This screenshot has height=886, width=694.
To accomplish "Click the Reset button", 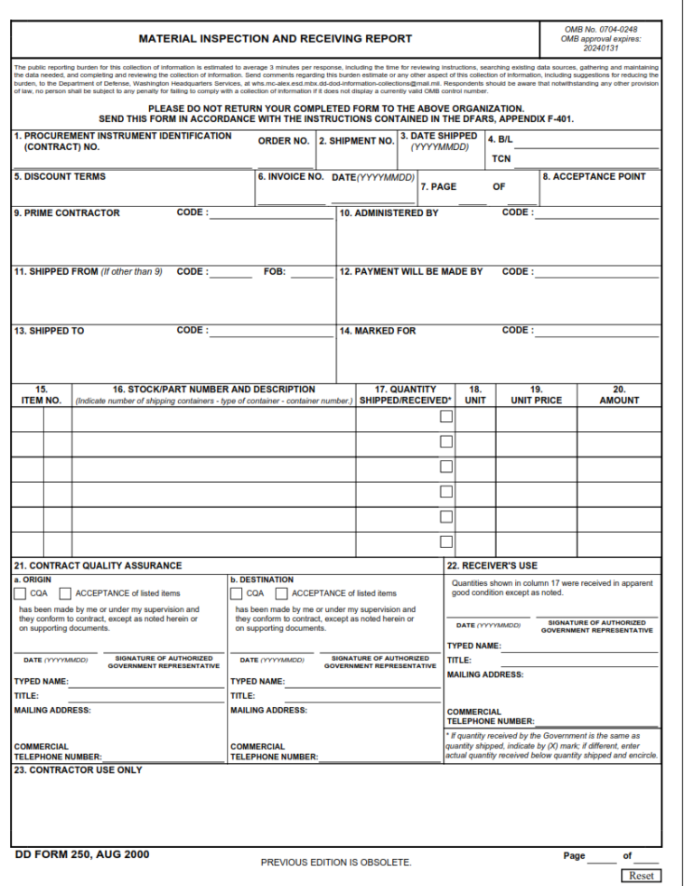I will coord(641,876).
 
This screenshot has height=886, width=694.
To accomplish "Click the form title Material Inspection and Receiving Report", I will coord(275,39).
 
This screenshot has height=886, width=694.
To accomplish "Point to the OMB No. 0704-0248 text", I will coord(599,29).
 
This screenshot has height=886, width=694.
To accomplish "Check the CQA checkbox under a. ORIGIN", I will coord(20,594).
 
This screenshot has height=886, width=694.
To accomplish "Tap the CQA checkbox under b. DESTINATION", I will coord(236,594).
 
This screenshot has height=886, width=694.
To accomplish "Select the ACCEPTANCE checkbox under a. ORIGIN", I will coord(65,594).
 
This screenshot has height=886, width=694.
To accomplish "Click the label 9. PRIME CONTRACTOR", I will coord(66,213).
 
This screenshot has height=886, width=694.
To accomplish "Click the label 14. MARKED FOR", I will coord(378,331).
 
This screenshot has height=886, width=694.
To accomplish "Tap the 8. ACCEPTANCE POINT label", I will coord(594,177).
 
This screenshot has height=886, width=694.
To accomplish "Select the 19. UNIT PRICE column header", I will coord(536,395).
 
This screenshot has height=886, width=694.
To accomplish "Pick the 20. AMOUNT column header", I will coord(619,395).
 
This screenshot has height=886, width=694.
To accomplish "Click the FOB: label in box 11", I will coord(275,271).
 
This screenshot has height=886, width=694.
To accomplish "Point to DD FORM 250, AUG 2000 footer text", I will coord(82,854).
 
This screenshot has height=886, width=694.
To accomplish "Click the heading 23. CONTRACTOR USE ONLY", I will coord(78,770).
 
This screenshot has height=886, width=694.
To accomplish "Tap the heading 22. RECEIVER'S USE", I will coord(492,566).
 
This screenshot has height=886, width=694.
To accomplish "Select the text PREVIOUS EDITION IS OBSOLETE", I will coord(336,862).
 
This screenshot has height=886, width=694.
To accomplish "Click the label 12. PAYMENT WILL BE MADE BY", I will coord(411,271).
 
